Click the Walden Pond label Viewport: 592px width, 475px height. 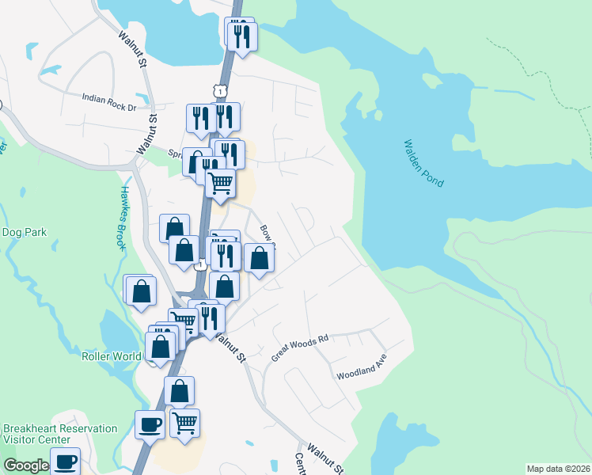point(423,164)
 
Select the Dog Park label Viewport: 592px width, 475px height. point(25,233)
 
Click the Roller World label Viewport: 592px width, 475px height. point(112,356)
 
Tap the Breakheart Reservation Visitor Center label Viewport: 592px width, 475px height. point(60,434)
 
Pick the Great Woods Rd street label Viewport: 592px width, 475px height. point(299,348)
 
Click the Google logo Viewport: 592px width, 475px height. point(26,465)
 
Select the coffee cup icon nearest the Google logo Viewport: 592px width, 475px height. point(65,461)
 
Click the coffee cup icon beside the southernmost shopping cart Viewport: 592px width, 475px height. point(150,424)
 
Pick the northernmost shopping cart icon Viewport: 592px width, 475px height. point(220,182)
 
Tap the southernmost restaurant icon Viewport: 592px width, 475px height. point(210,317)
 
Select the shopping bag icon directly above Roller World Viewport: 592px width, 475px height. point(160,346)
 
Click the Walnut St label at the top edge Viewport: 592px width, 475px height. point(134,48)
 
